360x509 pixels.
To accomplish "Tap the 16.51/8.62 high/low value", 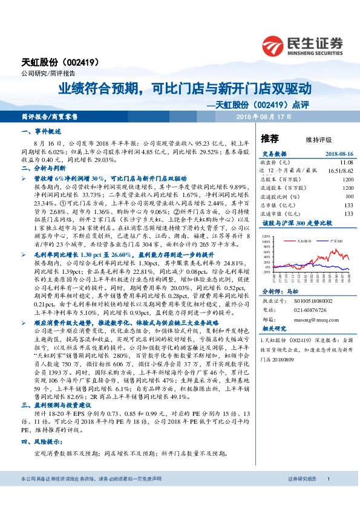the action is click(340, 171).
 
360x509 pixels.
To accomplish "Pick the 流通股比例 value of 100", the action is click(349, 196).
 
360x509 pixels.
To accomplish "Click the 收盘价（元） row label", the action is click(272, 163).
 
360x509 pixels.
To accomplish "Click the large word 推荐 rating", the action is click(270, 137).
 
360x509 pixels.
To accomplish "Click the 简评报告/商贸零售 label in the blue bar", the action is click(50, 116).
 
